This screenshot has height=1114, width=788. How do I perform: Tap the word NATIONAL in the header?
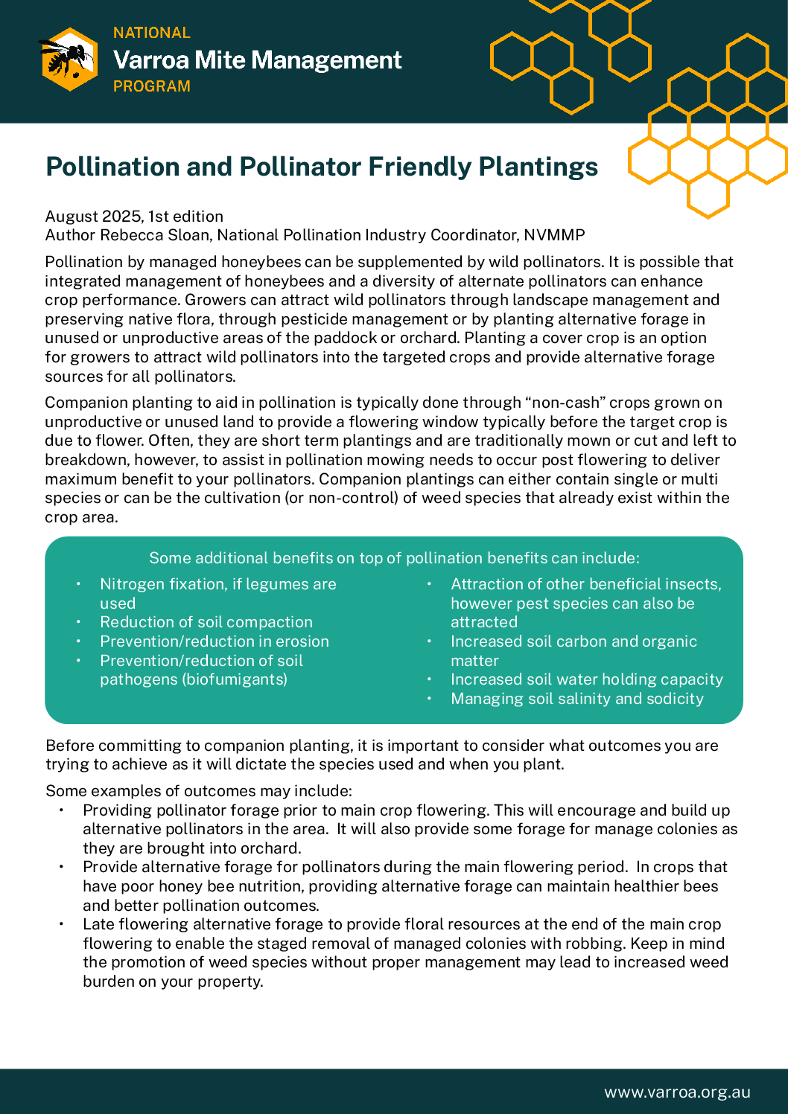tap(152, 33)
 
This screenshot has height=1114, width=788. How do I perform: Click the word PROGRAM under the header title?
tap(152, 86)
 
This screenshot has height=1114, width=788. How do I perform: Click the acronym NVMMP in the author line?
tap(554, 235)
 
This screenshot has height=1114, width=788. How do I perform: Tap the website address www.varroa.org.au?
tap(677, 1092)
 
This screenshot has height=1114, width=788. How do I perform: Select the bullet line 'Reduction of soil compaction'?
tap(206, 622)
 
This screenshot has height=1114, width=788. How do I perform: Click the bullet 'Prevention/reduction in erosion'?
tap(215, 641)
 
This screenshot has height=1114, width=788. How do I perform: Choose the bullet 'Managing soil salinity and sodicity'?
tap(577, 699)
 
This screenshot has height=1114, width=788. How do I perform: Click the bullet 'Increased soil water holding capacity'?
tap(587, 679)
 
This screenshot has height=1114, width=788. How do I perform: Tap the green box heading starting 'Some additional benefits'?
tap(394, 558)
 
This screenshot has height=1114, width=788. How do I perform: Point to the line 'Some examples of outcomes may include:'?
tap(199, 791)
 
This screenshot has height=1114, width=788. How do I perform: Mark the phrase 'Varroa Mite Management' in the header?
tap(258, 60)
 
